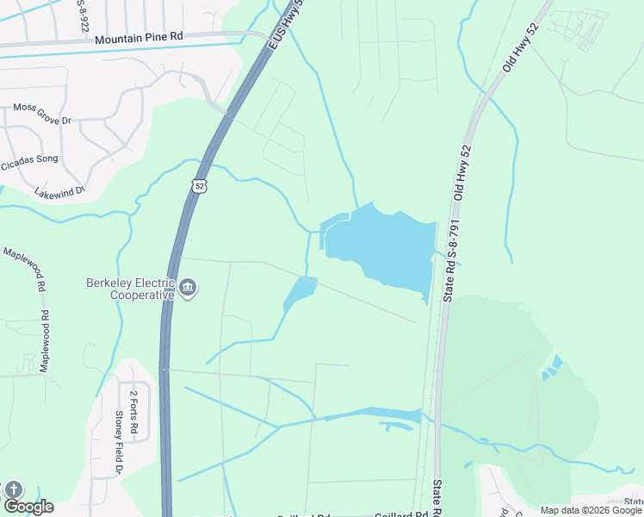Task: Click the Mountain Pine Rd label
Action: click(x=139, y=39)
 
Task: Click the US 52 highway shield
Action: click(x=200, y=186)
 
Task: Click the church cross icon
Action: click(x=13, y=489)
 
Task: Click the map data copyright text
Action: click(x=591, y=510)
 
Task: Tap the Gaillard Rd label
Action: click(x=401, y=514)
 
